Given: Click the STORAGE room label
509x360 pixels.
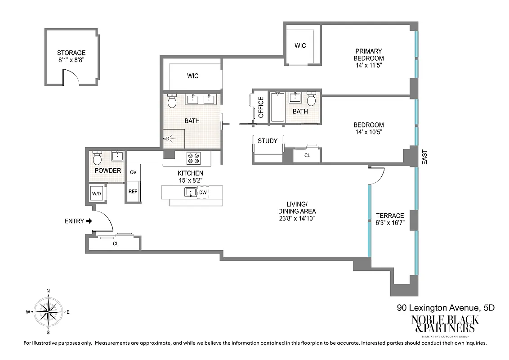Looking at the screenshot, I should pyautogui.click(x=71, y=53).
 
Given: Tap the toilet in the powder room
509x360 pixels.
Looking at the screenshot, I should pyautogui.click(x=97, y=158).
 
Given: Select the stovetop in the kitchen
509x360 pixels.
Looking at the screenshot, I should pyautogui.click(x=194, y=158).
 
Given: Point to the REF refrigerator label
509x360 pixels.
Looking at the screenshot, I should pyautogui.click(x=133, y=191).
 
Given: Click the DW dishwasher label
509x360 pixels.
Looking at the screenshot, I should pyautogui.click(x=203, y=193).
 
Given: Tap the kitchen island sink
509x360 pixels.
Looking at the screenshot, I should pyautogui.click(x=190, y=193).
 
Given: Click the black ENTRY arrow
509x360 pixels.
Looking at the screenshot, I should pyautogui.click(x=89, y=221).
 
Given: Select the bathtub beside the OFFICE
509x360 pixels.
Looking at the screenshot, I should pyautogui.click(x=277, y=107).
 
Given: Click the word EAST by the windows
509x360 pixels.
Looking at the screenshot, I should pyautogui.click(x=424, y=157).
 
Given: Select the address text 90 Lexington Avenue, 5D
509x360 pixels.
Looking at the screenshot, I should pyautogui.click(x=446, y=308).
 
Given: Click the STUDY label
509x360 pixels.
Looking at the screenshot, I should pyautogui.click(x=268, y=141).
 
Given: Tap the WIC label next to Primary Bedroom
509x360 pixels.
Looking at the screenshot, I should pyautogui.click(x=300, y=45).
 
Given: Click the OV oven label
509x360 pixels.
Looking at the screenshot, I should pyautogui.click(x=133, y=172).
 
